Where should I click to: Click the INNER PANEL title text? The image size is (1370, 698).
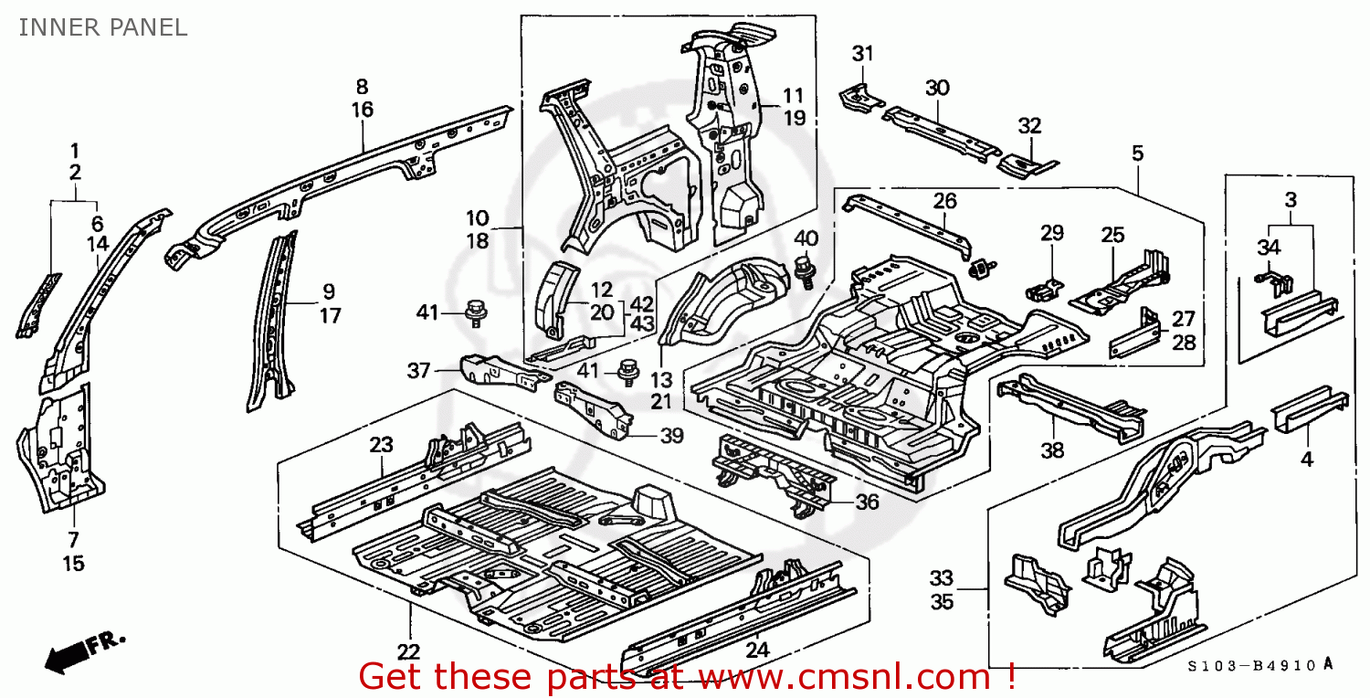(102, 27)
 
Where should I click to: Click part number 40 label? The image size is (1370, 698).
(806, 239)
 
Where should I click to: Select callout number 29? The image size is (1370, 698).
(1052, 233)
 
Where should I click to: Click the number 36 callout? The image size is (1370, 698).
(867, 502)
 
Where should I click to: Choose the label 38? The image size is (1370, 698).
(1052, 449)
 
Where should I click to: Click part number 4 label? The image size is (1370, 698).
(1307, 460)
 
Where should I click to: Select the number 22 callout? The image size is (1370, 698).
(408, 652)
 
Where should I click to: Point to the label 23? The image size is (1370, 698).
(381, 445)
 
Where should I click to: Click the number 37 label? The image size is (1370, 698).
(418, 370)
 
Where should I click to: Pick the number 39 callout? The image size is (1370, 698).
(671, 436)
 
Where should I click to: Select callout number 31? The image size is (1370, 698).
(863, 54)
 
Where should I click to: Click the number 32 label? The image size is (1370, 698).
(1029, 125)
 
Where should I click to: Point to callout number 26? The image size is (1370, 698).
(945, 200)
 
